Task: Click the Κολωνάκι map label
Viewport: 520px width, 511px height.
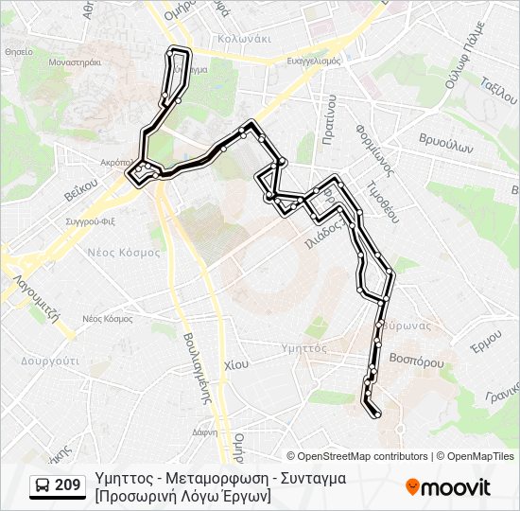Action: click(244, 39)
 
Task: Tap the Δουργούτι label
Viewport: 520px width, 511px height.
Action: click(49, 361)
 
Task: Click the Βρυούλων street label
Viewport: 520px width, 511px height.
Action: click(445, 148)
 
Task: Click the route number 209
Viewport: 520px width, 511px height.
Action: click(67, 485)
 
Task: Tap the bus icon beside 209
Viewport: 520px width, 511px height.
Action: click(42, 486)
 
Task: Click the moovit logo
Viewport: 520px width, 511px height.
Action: click(448, 487)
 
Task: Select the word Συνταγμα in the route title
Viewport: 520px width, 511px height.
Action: click(314, 478)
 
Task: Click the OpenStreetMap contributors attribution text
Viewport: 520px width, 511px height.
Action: click(362, 456)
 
